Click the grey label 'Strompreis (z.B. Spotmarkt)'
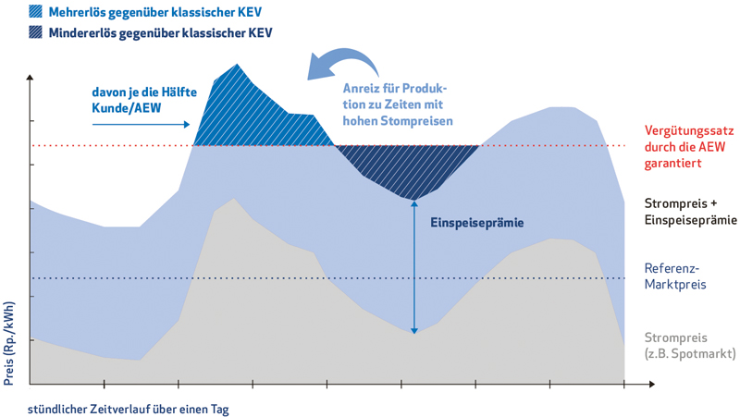tap(689, 346)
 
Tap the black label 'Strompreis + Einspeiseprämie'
tap(690, 211)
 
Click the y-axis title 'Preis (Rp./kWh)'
tap(10, 343)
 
